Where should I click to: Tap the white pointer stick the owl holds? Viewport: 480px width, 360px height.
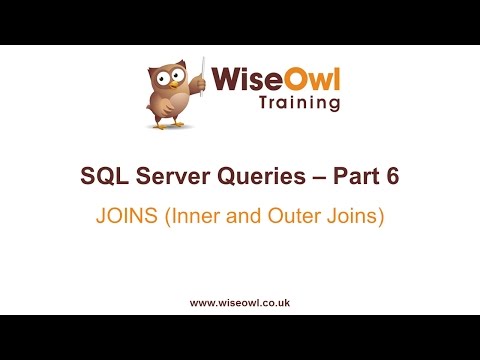pos(205,74)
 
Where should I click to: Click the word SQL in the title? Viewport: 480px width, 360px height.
pos(102,177)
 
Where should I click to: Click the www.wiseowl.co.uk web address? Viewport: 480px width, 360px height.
pos(240,301)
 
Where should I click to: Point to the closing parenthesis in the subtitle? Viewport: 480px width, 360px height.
pos(381,215)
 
